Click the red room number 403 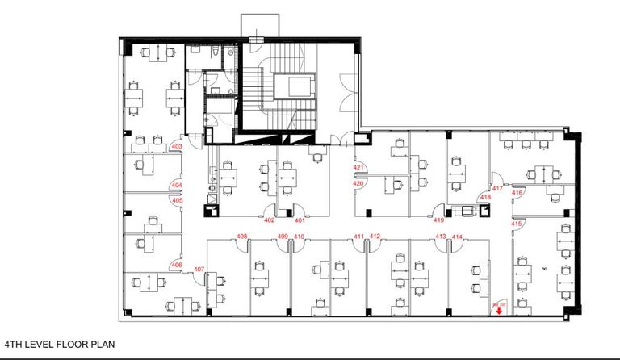(x=177, y=146)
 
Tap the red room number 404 (x=176, y=186)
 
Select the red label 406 (x=176, y=265)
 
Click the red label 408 (x=241, y=236)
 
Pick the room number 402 (x=270, y=220)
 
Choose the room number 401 (x=299, y=220)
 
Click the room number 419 (x=439, y=220)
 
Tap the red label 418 (x=485, y=197)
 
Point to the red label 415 (x=517, y=223)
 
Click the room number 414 (x=457, y=237)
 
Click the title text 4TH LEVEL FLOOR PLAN (x=60, y=343)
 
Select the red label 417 (x=497, y=189)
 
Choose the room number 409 (x=283, y=237)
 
